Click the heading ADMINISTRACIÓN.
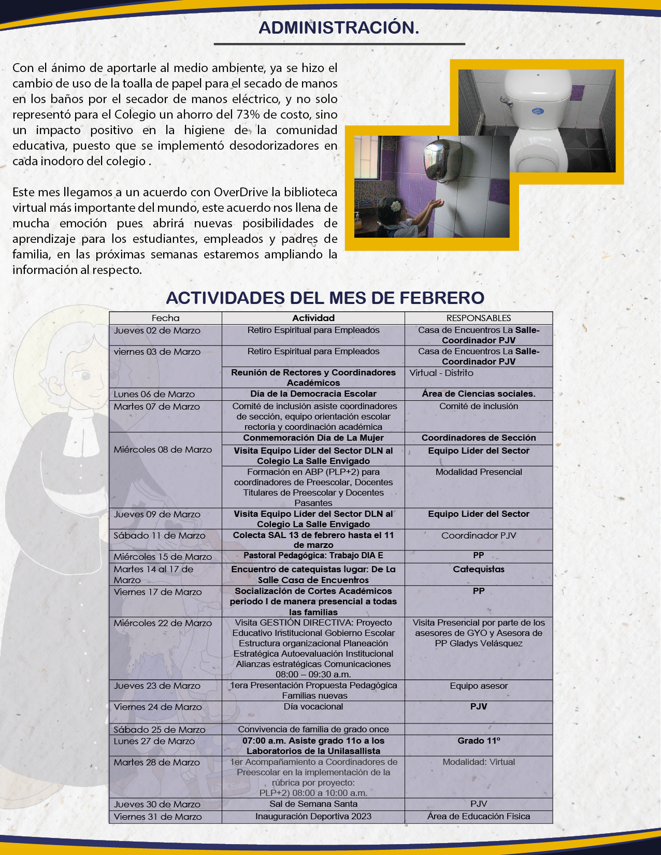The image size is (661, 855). [339, 27]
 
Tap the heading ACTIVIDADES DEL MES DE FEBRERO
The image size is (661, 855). [325, 298]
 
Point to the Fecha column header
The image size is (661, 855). [165, 318]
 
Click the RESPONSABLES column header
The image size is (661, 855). [479, 318]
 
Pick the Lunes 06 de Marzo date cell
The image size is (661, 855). [154, 394]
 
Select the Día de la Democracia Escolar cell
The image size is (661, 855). [313, 394]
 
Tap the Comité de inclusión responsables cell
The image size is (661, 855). [479, 407]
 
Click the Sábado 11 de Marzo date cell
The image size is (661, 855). [160, 535]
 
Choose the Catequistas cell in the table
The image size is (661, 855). [479, 569]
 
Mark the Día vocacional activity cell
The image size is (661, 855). [313, 706]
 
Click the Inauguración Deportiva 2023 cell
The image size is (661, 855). [313, 816]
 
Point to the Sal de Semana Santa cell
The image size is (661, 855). [313, 804]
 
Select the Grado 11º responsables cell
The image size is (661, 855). [479, 741]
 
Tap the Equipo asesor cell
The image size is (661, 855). [479, 686]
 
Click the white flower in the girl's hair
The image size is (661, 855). [396, 206]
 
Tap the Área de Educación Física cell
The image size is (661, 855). [479, 816]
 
